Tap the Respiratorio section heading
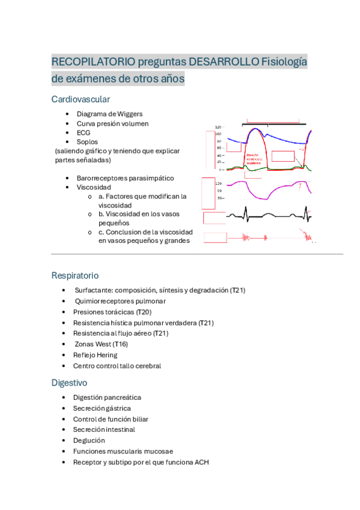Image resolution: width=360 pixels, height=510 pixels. (75, 275)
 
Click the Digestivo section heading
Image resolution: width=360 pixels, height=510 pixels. (70, 382)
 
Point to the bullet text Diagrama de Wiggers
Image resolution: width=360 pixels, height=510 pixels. (109, 113)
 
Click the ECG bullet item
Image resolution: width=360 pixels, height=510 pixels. (83, 132)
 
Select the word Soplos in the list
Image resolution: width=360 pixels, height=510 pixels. (88, 142)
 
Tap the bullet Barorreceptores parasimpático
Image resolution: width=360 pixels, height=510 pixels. (125, 178)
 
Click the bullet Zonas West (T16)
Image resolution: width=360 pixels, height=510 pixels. (101, 344)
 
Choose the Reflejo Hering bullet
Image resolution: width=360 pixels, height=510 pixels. (95, 355)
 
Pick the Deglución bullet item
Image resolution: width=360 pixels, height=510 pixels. (89, 440)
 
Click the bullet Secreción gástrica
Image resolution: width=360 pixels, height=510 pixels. (102, 408)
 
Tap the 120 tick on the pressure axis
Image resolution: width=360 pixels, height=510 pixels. (218, 127)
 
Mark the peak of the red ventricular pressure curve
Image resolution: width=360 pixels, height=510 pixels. (257, 129)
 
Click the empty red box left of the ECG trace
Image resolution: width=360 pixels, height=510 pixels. (215, 217)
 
